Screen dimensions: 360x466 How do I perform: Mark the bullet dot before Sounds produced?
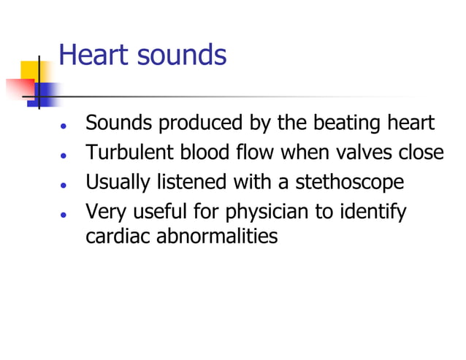coord(65,125)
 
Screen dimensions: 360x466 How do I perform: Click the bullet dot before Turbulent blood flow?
coord(65,156)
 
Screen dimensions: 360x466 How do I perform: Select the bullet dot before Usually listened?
coord(65,183)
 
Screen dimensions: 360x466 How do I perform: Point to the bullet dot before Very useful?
coord(65,215)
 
